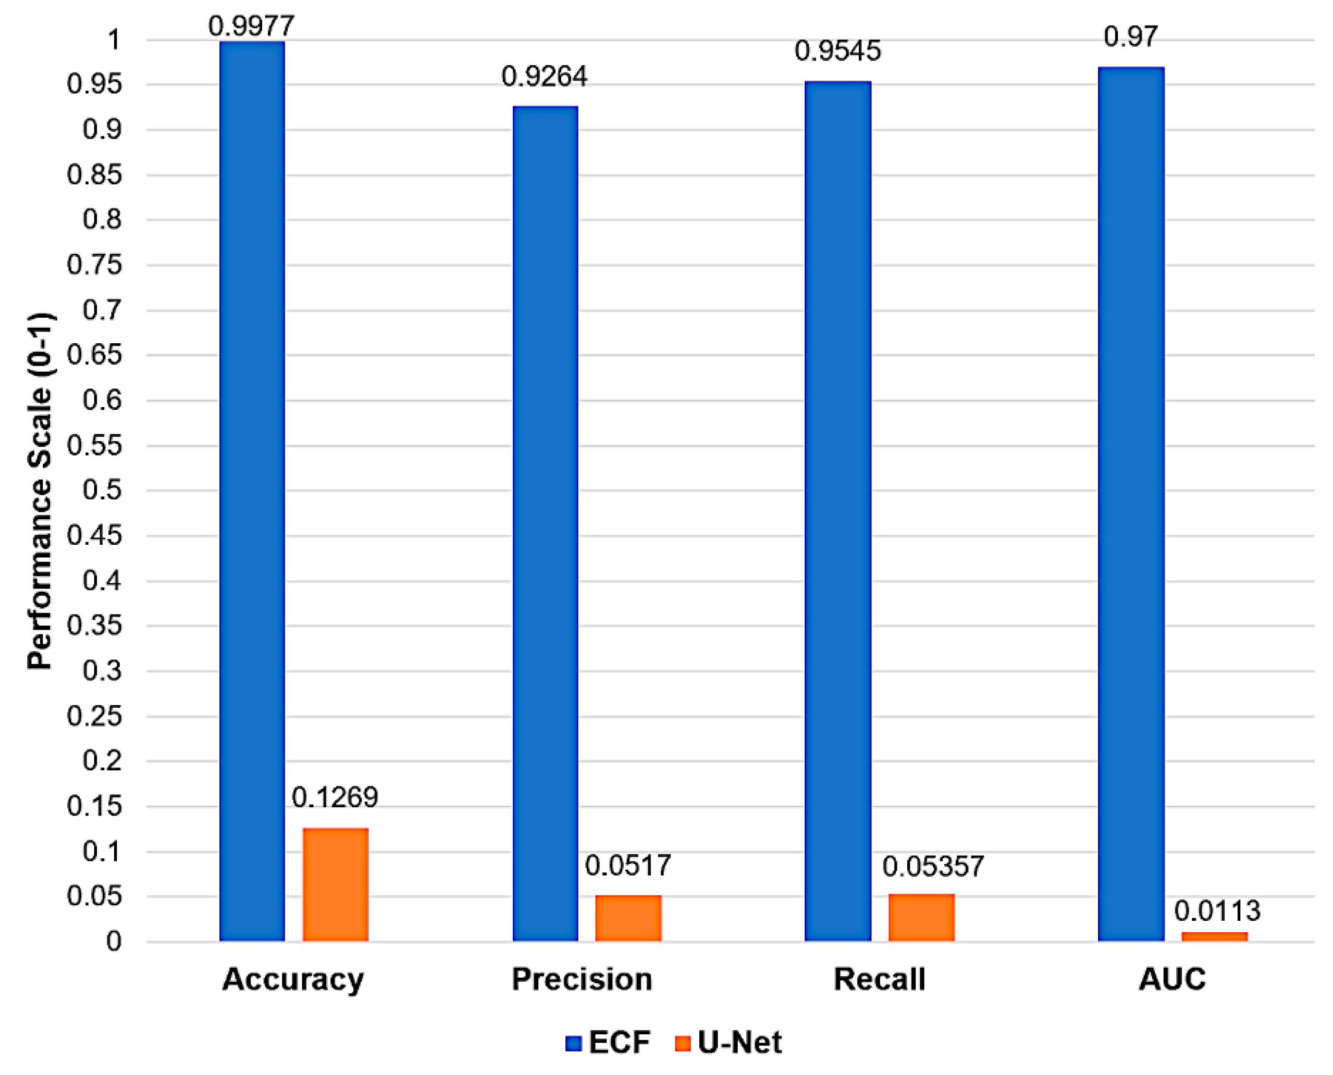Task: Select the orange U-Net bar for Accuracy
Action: click(x=335, y=884)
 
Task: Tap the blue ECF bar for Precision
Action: click(x=545, y=523)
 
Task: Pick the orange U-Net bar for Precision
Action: click(x=628, y=918)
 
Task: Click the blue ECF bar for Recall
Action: click(x=837, y=511)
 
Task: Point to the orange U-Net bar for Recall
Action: click(x=921, y=918)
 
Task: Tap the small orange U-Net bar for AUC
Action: click(x=1214, y=937)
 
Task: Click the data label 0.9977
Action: click(x=251, y=26)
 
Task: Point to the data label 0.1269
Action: click(x=335, y=797)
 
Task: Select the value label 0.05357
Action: click(x=933, y=866)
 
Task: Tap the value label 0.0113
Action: click(x=1217, y=911)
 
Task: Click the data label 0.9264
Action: click(x=544, y=77)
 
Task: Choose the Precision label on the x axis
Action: click(x=582, y=980)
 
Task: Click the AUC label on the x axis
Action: click(x=1172, y=980)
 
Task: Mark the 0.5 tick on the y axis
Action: click(x=102, y=491)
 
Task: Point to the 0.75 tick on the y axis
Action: click(x=94, y=265)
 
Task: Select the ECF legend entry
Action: click(x=608, y=1042)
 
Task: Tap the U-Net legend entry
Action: click(x=729, y=1042)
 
